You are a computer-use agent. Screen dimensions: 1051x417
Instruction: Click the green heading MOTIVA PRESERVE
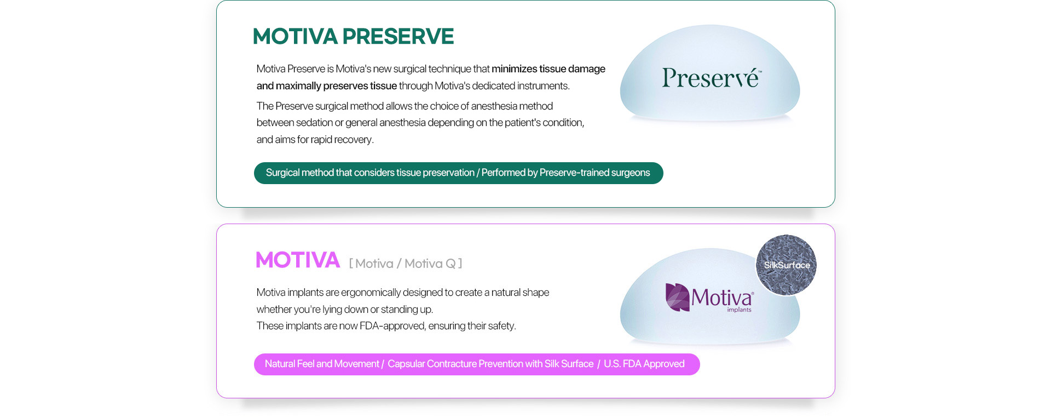[x=353, y=37]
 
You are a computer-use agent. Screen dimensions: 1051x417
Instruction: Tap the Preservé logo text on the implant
[x=711, y=78]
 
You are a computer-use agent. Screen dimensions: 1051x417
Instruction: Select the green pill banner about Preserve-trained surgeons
[x=458, y=173]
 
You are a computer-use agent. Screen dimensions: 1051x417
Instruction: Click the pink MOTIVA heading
[x=298, y=260]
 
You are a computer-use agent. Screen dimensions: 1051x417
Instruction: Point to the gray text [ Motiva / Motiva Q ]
[x=406, y=264]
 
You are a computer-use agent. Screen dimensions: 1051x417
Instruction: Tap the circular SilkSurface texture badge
[x=786, y=265]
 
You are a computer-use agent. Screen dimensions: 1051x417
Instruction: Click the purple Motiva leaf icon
[x=677, y=297]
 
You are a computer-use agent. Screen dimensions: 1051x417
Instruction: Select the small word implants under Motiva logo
[x=739, y=310]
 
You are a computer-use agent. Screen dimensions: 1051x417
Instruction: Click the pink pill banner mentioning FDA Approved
[x=477, y=364]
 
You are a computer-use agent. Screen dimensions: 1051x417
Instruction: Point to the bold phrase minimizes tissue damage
[x=548, y=69]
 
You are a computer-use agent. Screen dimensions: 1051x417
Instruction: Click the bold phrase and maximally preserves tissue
[x=327, y=86]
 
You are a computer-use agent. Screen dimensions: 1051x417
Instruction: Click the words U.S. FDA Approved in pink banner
[x=644, y=364]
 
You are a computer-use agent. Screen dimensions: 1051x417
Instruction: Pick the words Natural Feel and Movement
[x=322, y=364]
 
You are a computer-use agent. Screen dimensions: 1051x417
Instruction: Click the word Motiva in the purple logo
[x=721, y=298]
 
